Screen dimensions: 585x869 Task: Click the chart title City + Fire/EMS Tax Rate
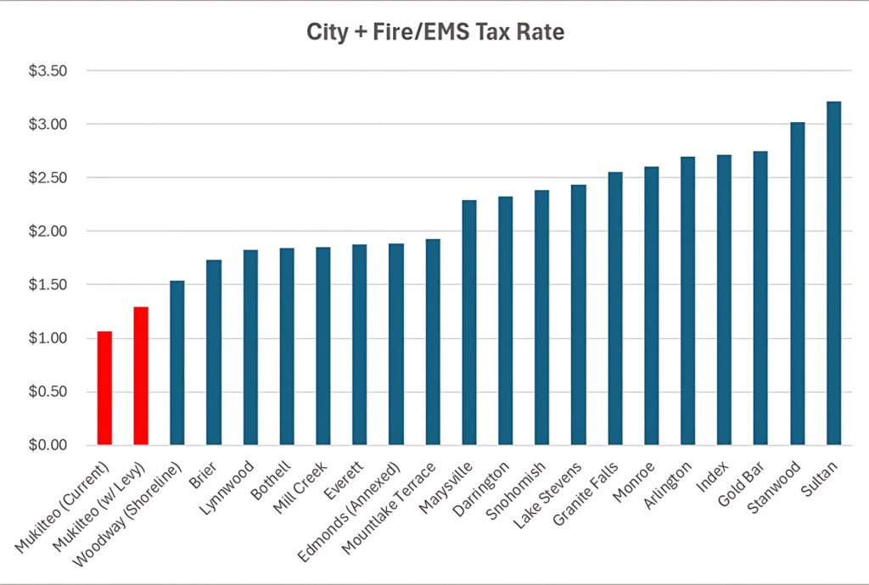pyautogui.click(x=434, y=34)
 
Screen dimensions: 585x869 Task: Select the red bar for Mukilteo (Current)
pyautogui.click(x=104, y=388)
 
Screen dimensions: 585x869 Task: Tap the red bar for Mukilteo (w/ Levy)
pyautogui.click(x=141, y=376)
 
